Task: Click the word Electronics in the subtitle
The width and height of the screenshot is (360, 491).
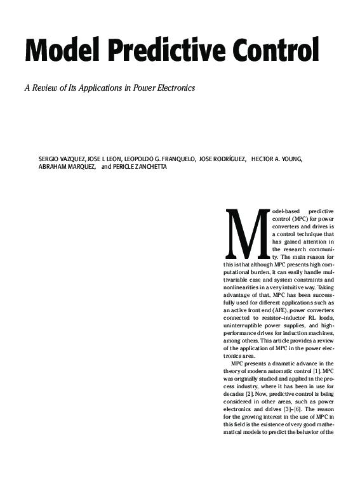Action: click(173, 88)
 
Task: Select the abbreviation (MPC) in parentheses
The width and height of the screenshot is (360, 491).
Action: click(302, 218)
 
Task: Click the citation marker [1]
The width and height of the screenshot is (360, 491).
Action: click(328, 370)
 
